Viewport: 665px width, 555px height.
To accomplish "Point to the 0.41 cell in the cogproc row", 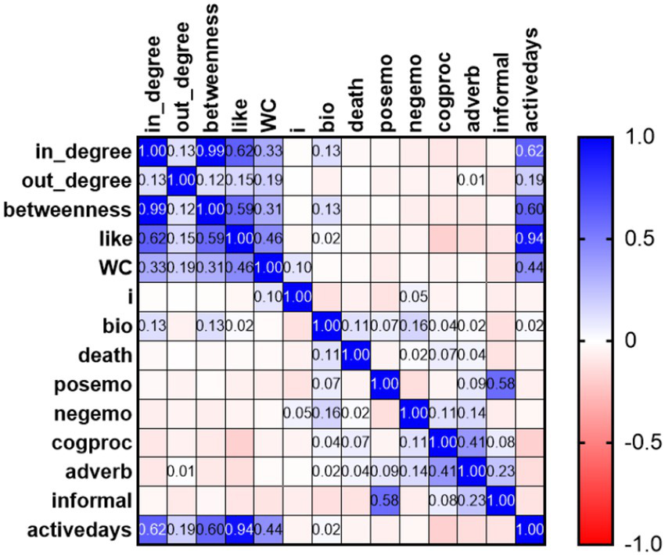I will [473, 443].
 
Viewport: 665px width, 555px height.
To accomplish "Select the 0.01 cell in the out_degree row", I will [473, 180].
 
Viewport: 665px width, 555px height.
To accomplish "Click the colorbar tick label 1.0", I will [626, 137].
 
